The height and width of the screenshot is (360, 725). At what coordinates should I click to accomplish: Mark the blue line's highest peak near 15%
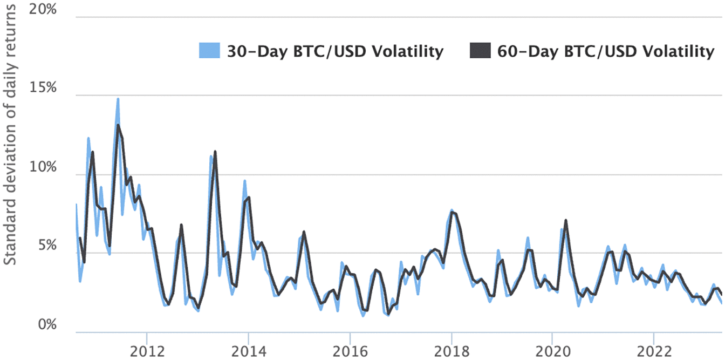click(118, 99)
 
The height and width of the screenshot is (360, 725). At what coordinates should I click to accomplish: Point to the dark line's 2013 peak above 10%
click(215, 152)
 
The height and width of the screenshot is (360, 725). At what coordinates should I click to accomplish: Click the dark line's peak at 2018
click(452, 212)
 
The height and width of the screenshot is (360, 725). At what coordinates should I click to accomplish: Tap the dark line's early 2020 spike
click(566, 220)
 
